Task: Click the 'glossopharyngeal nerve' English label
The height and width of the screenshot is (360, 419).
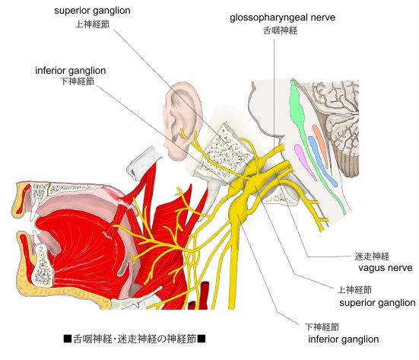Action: (282, 18)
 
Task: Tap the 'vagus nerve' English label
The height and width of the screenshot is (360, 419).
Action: (385, 268)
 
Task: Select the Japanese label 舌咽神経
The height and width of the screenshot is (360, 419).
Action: (280, 30)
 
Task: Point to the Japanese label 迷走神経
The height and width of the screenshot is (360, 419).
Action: (372, 256)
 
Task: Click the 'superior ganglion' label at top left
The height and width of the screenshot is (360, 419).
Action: (92, 11)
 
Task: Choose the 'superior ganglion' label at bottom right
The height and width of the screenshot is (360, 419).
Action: (377, 303)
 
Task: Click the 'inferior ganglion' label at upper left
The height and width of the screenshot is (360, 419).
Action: (71, 71)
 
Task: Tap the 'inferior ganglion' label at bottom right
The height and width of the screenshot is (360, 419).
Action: (344, 339)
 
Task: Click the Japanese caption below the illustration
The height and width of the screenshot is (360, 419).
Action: (135, 339)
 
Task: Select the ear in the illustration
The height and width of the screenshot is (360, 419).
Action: (183, 120)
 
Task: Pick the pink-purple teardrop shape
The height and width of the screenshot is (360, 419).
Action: (305, 161)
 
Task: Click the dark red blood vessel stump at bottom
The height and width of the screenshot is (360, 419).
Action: (205, 295)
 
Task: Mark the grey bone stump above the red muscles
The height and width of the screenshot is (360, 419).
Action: (142, 163)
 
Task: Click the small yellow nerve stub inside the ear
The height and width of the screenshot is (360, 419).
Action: (183, 134)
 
